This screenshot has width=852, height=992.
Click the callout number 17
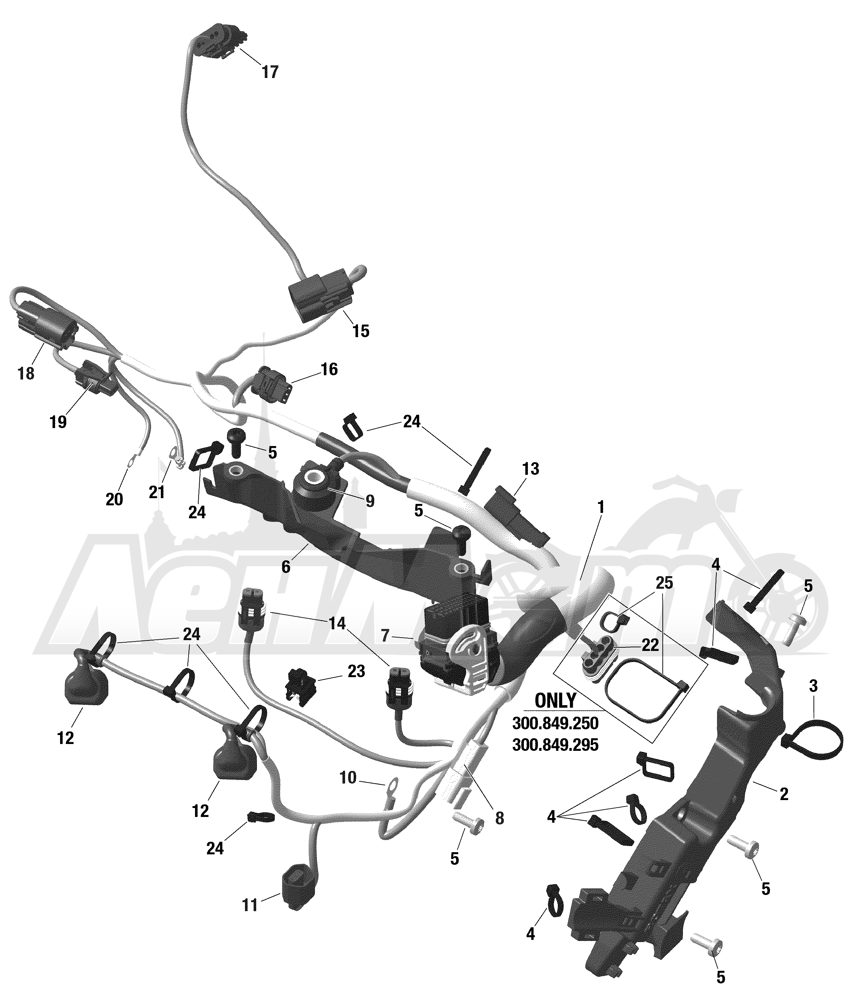(270, 72)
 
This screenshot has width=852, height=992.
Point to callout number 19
(58, 422)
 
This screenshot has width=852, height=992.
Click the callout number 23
(356, 671)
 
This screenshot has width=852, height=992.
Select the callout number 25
(664, 583)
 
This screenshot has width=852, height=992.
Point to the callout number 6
(286, 567)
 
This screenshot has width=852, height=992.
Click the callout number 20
(114, 499)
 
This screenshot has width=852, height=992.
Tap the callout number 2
(784, 794)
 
